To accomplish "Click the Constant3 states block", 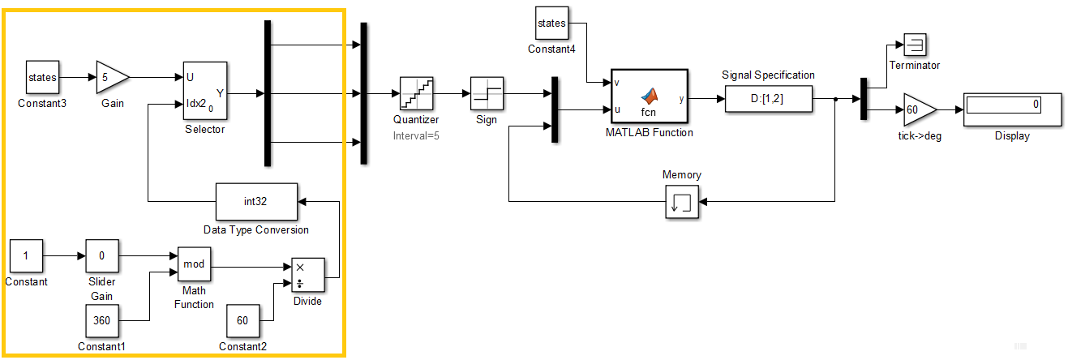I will (43, 78).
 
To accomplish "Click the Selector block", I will (204, 92).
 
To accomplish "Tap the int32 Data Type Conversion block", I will (255, 202).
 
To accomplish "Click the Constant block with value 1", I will (26, 256).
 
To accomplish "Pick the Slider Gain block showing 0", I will (102, 256).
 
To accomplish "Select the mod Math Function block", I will (195, 264).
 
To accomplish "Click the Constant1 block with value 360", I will (102, 320).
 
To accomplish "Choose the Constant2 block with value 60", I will (242, 320).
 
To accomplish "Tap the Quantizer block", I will (416, 94).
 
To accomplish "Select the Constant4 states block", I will (551, 24).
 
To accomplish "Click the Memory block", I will (681, 201).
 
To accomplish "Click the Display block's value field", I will (1003, 105).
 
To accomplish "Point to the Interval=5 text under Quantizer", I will (416, 135).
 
